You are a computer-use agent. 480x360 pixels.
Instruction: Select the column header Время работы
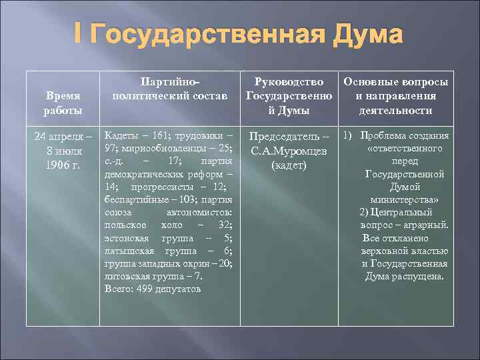pos(63,103)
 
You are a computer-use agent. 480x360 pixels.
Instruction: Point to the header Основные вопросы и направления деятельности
pos(395,96)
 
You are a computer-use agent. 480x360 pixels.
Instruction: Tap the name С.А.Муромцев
pos(288,151)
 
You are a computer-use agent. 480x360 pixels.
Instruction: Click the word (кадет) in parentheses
pos(289,165)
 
